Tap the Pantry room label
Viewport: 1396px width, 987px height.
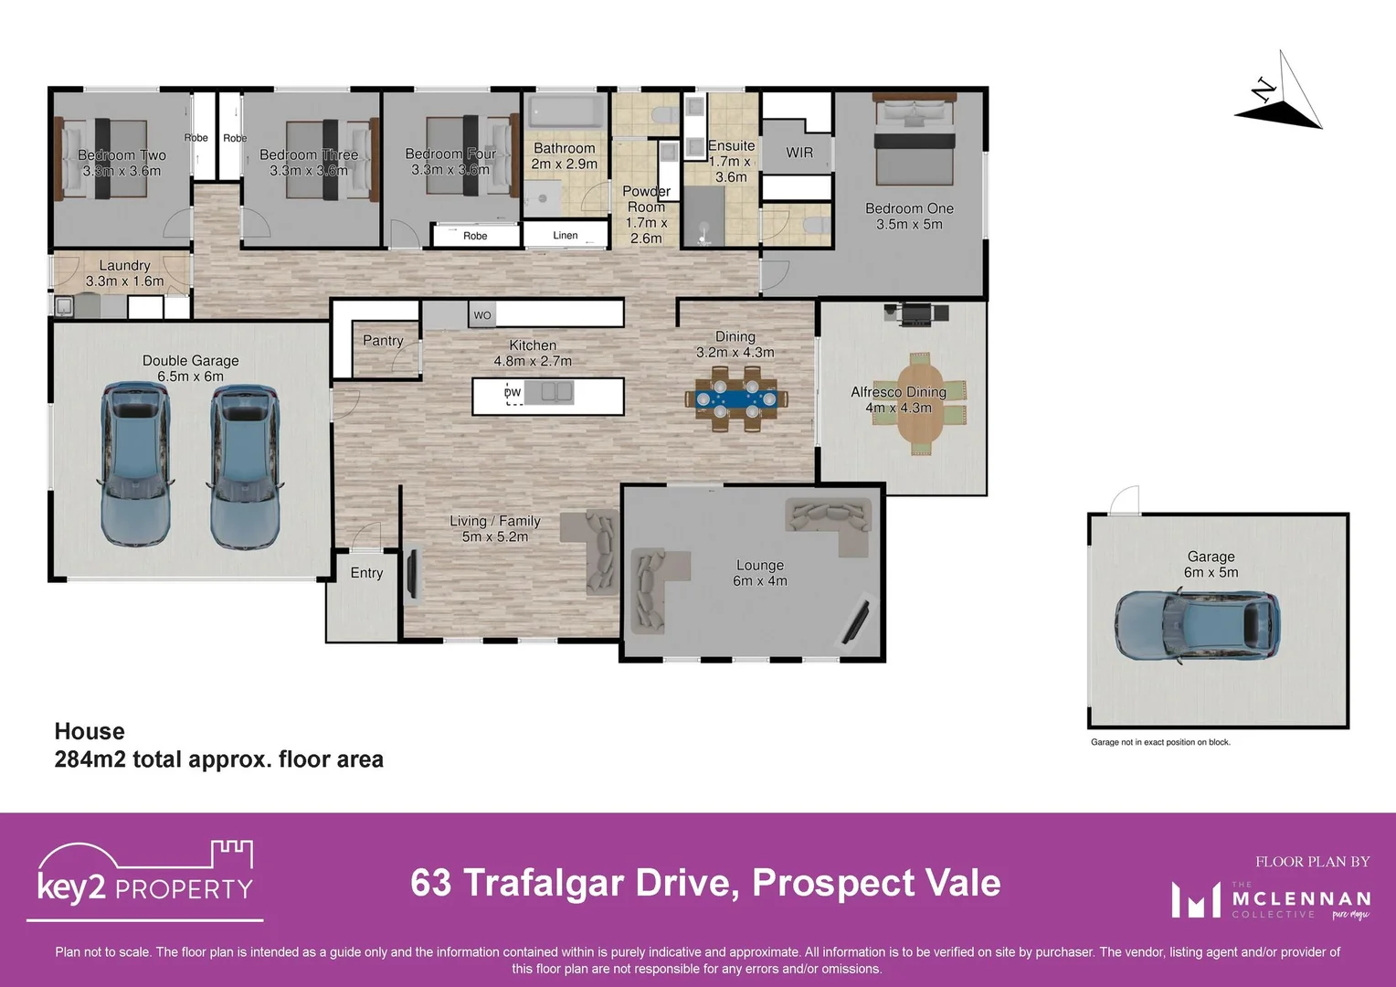click(383, 341)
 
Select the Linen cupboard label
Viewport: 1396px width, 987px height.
click(565, 236)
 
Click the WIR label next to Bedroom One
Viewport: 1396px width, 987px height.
click(798, 153)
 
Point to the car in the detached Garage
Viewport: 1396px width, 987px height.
click(1197, 627)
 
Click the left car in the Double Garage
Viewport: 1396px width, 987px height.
click(135, 466)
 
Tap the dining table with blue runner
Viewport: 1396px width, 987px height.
click(736, 398)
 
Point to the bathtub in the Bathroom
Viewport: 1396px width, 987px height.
click(565, 111)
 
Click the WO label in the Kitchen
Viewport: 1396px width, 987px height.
click(482, 315)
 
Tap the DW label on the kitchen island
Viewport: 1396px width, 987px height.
click(513, 393)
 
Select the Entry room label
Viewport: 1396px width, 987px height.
click(366, 573)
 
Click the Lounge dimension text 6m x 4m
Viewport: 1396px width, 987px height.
click(759, 581)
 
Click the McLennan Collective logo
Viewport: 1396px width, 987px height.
click(1272, 899)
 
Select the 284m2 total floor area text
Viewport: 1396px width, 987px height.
click(218, 759)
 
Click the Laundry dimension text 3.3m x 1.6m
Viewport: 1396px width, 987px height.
click(124, 281)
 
